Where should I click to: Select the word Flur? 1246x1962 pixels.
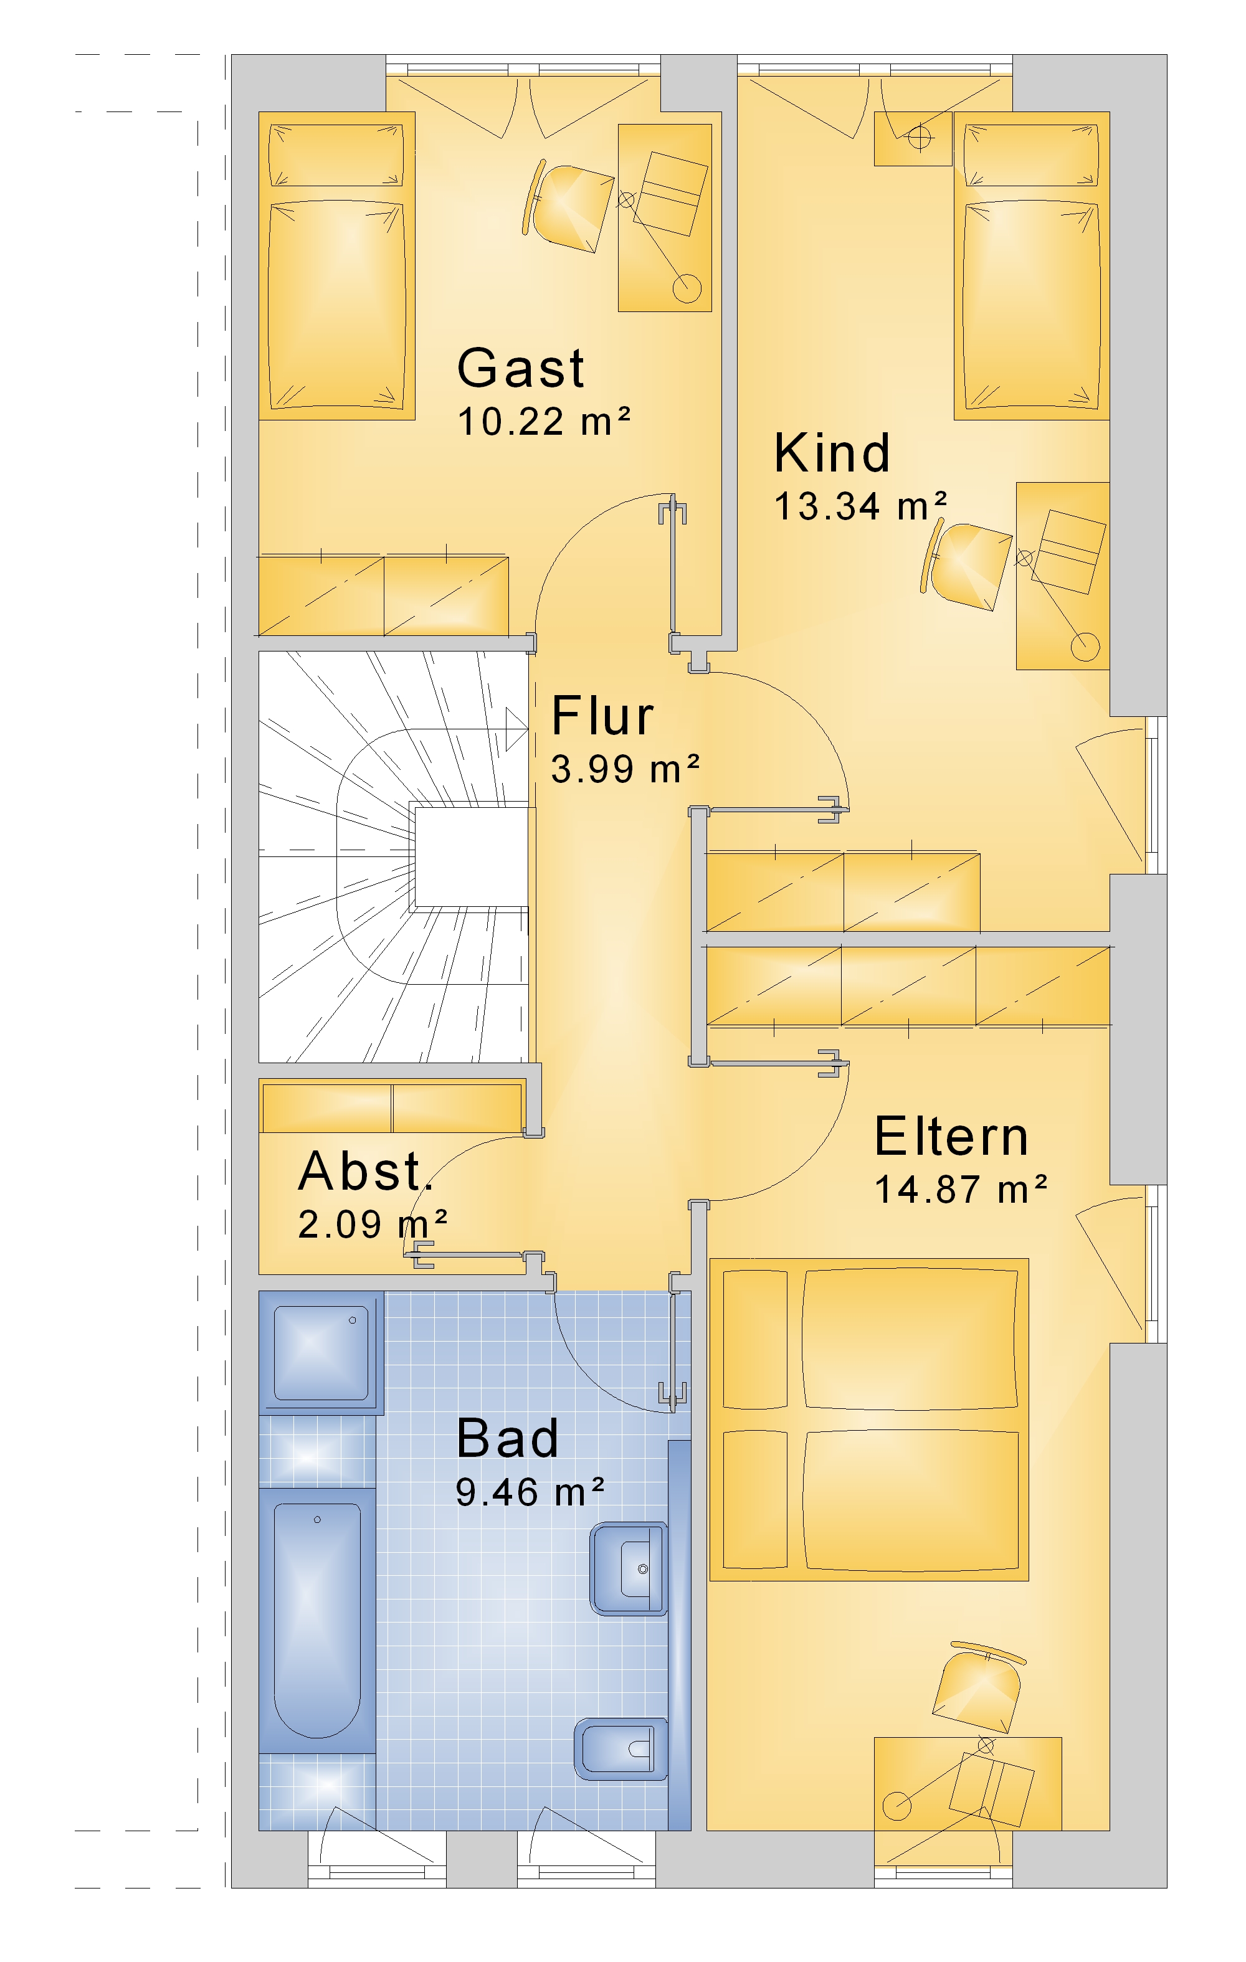(602, 716)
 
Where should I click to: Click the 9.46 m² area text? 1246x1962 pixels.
(530, 1492)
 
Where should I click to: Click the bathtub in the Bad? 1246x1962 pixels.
(317, 1621)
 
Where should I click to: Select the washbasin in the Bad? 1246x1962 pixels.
(629, 1568)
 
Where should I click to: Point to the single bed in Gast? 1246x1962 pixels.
(336, 265)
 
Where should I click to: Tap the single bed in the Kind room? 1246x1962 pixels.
(1032, 265)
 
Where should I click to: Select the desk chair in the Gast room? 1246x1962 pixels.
(568, 206)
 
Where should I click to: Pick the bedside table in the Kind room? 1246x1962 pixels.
(913, 138)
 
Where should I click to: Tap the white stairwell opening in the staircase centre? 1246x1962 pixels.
(472, 856)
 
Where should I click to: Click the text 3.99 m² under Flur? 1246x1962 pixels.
(625, 769)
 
